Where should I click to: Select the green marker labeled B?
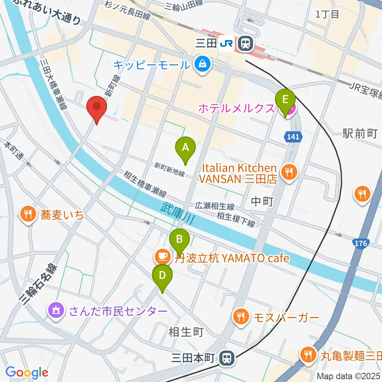[x=179, y=240]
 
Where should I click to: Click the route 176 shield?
[x=361, y=243]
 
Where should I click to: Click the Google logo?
[x=27, y=372]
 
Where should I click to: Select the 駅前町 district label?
[x=360, y=133]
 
